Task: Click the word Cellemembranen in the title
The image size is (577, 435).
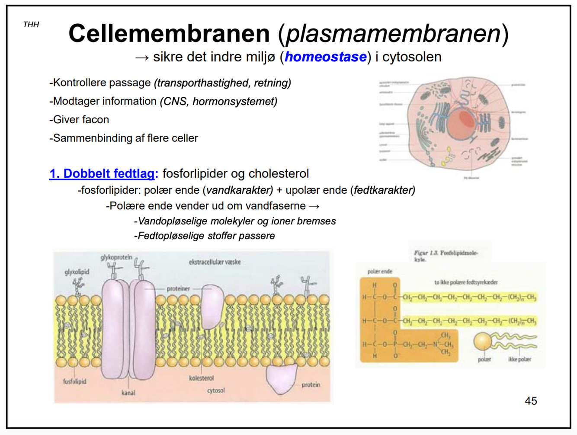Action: click(x=169, y=33)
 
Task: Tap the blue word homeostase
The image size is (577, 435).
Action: click(x=325, y=57)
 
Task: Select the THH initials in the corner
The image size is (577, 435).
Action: click(x=31, y=25)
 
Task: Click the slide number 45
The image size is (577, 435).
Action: click(x=530, y=401)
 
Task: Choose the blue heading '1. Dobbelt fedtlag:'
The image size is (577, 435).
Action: click(x=104, y=173)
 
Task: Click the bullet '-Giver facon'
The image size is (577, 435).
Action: click(x=79, y=119)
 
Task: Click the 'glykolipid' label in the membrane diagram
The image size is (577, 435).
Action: click(x=77, y=272)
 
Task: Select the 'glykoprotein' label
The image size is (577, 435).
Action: click(x=116, y=257)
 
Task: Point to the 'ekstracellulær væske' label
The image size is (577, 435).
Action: click(x=215, y=262)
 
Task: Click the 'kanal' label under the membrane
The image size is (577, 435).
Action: click(x=128, y=393)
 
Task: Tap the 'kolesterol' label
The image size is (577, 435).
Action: click(x=201, y=378)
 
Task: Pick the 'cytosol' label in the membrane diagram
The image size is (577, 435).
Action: click(x=216, y=390)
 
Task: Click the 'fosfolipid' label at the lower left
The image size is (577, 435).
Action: click(x=74, y=381)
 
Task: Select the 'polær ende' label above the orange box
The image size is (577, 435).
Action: click(x=380, y=272)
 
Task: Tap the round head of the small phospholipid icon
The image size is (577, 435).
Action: click(x=482, y=342)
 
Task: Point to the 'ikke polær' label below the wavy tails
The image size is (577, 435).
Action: click(x=519, y=359)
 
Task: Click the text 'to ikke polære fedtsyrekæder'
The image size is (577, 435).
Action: click(x=466, y=282)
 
